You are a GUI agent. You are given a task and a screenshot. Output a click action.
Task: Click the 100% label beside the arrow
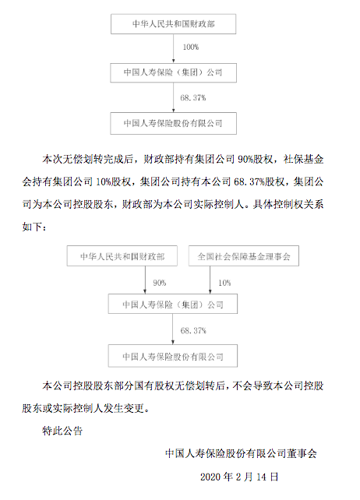coord(191,48)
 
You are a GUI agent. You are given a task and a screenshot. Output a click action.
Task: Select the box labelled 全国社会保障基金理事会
coord(244,255)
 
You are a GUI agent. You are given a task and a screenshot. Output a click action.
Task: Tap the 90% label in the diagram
coord(159,283)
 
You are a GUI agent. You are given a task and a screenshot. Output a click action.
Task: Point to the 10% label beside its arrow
coord(224,283)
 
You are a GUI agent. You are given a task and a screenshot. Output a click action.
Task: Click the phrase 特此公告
coord(62,431)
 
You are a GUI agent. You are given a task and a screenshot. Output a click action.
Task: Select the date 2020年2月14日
coord(239,477)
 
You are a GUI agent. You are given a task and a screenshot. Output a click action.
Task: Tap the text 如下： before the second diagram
coord(34,227)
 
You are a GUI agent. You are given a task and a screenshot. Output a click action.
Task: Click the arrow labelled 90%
coord(145,280)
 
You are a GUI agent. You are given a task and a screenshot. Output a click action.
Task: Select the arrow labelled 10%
coord(210,280)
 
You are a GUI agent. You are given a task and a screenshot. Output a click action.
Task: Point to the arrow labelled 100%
coord(173,48)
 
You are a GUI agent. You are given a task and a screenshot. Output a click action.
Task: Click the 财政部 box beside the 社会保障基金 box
coord(122,255)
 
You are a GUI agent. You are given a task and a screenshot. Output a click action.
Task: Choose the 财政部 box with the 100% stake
coord(173,24)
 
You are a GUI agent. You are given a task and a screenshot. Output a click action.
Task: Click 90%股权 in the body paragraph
coord(255,159)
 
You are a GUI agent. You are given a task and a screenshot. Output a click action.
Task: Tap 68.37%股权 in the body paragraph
coord(259,181)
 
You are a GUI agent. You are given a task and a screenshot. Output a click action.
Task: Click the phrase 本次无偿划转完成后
coord(88,159)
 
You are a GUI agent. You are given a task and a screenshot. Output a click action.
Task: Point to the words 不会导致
coord(252,386)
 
